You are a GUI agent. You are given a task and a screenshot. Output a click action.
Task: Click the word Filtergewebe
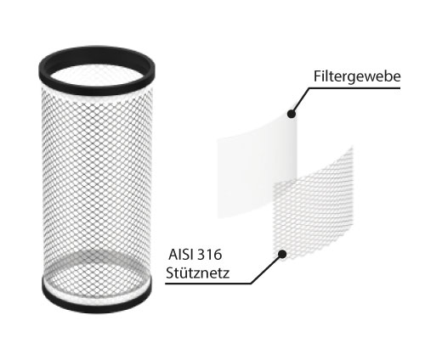357,76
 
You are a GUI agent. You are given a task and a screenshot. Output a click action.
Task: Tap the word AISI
180,255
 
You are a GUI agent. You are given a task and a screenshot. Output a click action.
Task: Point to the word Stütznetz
198,273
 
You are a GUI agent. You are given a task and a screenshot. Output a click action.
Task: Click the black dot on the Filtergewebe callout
292,114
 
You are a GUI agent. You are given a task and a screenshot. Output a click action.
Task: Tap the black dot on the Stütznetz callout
282,254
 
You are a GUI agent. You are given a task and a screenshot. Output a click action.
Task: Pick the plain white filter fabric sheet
257,167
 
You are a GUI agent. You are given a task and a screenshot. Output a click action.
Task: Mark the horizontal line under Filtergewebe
354,88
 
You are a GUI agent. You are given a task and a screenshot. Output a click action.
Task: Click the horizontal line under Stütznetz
208,283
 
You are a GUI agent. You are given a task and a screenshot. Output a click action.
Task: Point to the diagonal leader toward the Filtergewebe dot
300,100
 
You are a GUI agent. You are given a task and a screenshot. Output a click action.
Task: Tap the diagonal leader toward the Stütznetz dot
266,269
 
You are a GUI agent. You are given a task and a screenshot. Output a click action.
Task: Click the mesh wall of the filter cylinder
97,176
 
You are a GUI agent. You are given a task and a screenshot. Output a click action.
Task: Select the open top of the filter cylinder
97,74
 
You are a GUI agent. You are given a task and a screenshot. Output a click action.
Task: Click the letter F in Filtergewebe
317,76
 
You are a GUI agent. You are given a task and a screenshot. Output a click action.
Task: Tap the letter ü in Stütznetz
181,273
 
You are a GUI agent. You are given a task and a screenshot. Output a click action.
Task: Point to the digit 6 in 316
218,255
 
